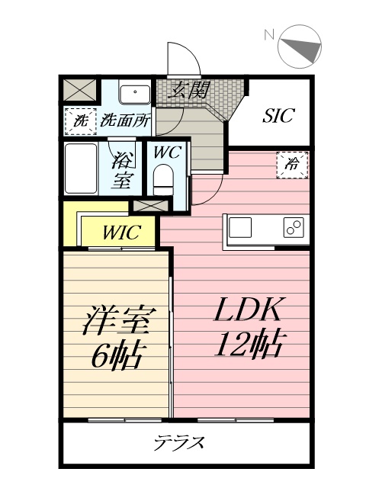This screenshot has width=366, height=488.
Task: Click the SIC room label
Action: point(278,115)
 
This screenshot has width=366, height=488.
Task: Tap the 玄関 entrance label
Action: point(189,90)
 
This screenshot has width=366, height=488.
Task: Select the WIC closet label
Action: point(121,232)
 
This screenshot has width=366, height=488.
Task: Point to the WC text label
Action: point(168,152)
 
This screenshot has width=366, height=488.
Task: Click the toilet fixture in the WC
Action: point(164,180)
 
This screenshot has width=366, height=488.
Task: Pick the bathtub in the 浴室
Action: point(81,169)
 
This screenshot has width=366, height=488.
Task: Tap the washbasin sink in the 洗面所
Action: point(135,93)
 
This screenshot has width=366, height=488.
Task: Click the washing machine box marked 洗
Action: point(81,121)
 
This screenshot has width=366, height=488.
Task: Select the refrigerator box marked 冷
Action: point(292,165)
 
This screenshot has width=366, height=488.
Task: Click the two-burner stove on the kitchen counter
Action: point(294,227)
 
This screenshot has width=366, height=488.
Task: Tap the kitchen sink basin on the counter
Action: point(240,227)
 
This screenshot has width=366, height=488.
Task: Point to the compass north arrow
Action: point(303,49)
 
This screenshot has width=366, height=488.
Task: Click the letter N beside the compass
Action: point(269,34)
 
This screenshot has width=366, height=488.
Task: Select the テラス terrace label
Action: point(180,443)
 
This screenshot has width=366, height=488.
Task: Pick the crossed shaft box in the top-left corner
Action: point(79,90)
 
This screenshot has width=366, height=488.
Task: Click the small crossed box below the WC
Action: point(151,206)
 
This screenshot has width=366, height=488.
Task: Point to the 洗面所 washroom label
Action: point(125,120)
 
